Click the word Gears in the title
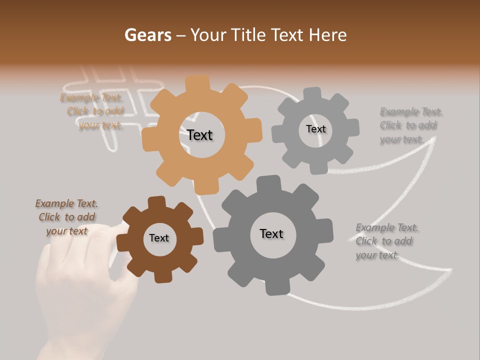point(147,35)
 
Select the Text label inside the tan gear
point(199,135)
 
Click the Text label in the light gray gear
point(315,129)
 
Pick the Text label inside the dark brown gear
point(159,238)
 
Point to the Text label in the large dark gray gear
point(271,233)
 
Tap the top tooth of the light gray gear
point(313,93)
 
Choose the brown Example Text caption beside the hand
point(66,217)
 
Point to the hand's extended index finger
point(116,228)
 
